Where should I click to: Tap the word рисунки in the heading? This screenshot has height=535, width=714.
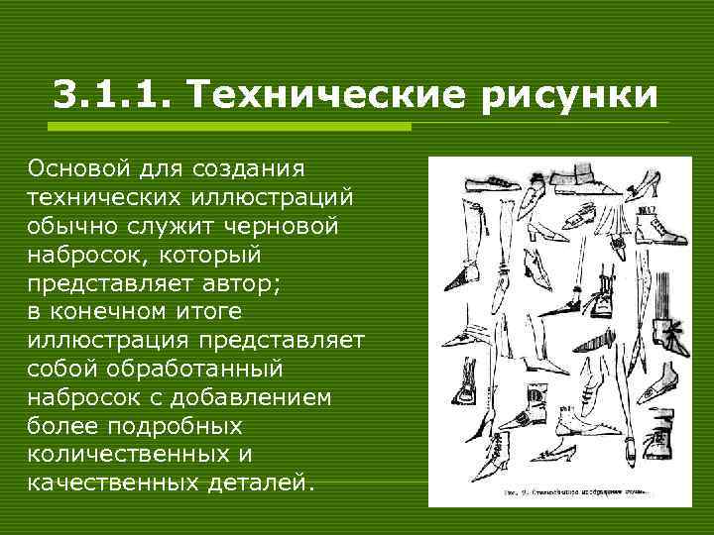pos(572,97)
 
